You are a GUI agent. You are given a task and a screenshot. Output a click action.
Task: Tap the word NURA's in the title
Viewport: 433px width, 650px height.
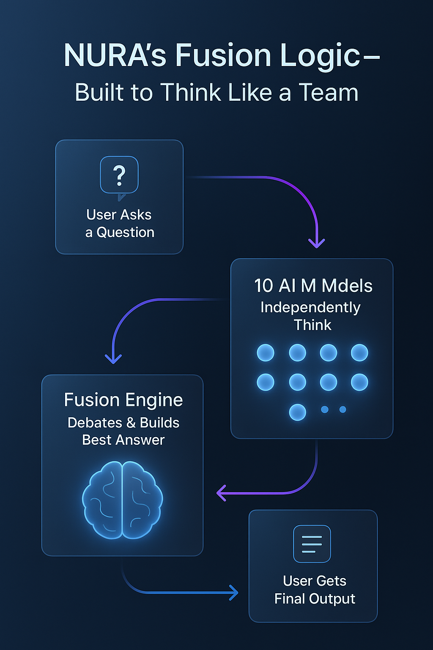115,55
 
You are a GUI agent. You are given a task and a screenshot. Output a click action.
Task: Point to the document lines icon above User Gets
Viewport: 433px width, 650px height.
312,544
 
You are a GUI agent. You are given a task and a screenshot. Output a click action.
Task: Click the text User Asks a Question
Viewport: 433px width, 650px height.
119,223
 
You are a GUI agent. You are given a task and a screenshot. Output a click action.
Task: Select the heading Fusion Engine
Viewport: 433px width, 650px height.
123,400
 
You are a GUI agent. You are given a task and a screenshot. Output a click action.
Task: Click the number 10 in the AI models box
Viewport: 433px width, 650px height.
263,286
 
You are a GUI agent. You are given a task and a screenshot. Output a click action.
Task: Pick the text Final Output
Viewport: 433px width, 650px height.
315,599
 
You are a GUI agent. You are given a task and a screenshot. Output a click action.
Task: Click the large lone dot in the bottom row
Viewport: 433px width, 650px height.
298,412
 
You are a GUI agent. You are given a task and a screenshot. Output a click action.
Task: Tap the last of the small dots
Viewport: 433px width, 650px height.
343,410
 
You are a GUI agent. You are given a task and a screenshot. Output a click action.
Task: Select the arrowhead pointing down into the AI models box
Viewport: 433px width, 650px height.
317,243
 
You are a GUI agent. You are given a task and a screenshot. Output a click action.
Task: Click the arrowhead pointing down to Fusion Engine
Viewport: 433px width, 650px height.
113,359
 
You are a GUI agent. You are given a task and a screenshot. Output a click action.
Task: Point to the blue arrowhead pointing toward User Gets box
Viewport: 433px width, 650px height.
233,592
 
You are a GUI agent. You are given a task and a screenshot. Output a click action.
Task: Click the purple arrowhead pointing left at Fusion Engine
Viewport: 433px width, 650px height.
221,493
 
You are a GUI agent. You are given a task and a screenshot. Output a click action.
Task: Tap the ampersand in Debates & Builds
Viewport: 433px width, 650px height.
131,423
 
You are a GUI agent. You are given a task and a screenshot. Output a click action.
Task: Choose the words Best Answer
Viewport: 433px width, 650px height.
123,440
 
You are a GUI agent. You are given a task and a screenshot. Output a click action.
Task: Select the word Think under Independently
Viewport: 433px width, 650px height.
312,325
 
